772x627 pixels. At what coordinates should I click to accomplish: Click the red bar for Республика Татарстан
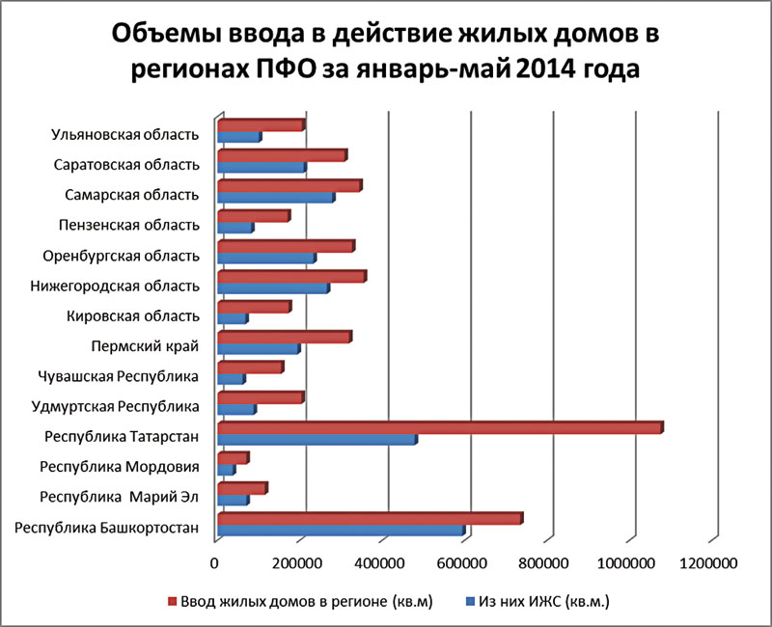[439, 427]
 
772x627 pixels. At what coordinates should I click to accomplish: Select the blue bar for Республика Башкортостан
[341, 530]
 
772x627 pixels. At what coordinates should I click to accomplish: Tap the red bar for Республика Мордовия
[233, 457]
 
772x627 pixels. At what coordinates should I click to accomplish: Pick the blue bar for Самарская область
[275, 198]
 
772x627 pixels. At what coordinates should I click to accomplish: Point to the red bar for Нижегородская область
[290, 277]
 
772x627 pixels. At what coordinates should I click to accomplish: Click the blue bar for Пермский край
[258, 348]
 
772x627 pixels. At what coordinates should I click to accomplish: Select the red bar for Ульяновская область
[261, 125]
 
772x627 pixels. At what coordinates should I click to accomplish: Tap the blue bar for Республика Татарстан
[317, 440]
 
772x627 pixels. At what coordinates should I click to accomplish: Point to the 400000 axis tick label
[382, 562]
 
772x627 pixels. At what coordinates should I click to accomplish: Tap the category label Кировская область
[134, 315]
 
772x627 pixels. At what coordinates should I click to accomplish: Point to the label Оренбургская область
[122, 257]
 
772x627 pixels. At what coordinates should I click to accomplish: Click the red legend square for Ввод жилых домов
[173, 601]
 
